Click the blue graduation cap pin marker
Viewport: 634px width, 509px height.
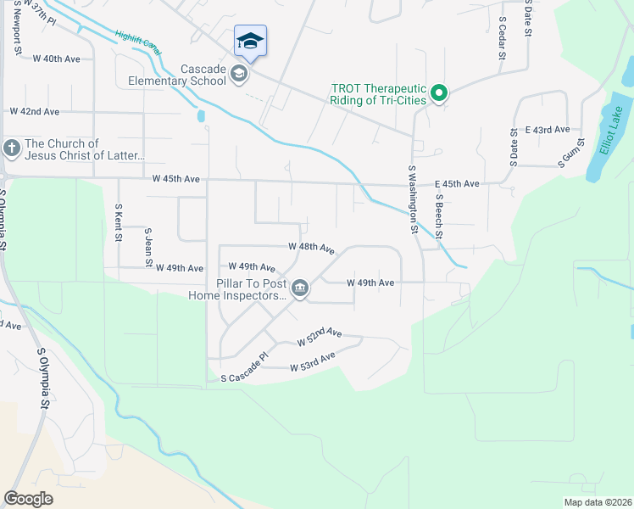coord(250,41)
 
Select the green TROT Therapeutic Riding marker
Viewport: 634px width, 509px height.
coord(438,92)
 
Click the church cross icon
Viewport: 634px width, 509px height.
coord(11,149)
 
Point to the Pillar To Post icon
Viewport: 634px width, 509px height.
coord(300,289)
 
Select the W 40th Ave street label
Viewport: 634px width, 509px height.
coord(56,59)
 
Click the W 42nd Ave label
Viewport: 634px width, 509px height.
coord(35,112)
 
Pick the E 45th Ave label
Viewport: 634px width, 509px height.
coord(457,184)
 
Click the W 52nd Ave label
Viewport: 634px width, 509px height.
coord(319,337)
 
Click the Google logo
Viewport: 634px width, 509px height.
coord(28,498)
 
